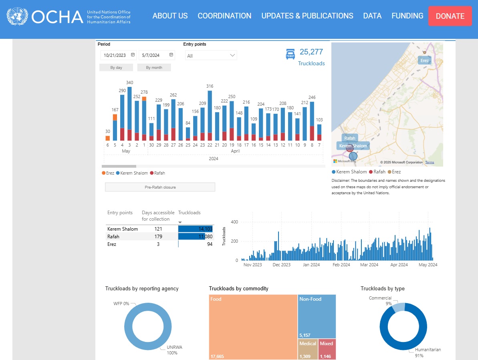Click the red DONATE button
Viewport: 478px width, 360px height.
[x=450, y=16]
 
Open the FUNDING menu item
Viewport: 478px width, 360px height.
[x=407, y=16]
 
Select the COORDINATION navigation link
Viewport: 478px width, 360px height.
[x=224, y=16]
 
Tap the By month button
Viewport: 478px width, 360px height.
[x=154, y=68]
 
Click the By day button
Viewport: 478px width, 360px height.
[x=116, y=68]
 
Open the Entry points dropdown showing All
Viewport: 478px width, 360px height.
[x=211, y=56]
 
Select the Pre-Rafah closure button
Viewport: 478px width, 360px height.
[x=160, y=187]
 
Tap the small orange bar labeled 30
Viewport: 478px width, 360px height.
[x=107, y=138]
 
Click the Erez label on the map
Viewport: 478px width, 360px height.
[x=424, y=60]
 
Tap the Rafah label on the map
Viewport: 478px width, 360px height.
[x=350, y=138]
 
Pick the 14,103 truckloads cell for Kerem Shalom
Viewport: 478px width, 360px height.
[x=196, y=229]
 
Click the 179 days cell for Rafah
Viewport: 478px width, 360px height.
[x=158, y=237]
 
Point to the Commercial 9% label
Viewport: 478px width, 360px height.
[x=380, y=301]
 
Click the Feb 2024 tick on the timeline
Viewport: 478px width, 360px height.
[x=341, y=265]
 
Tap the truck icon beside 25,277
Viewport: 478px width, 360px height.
[x=290, y=54]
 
